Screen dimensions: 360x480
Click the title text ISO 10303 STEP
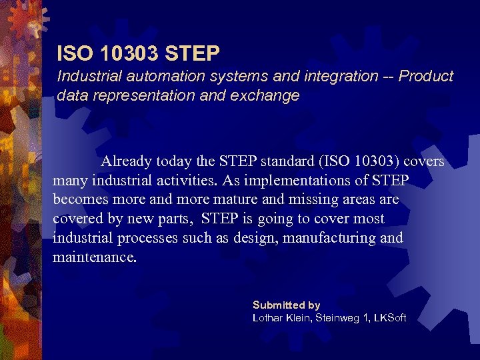pos(138,52)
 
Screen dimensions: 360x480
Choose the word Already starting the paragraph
pos(127,162)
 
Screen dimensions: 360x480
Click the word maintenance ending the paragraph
pos(94,257)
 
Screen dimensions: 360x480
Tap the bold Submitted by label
pos(286,305)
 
